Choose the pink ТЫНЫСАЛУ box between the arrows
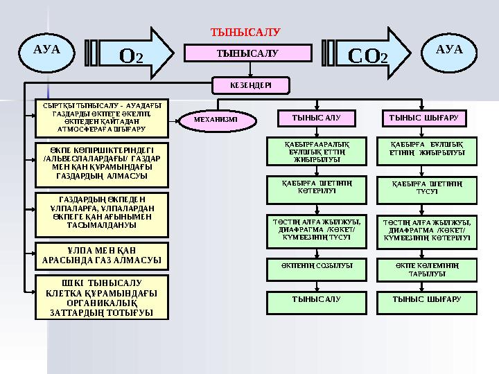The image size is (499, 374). tap(247, 53)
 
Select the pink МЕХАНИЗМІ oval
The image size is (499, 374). tap(216, 119)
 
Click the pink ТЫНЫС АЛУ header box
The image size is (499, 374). tap(317, 118)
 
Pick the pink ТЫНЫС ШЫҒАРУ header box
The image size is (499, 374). tap(425, 118)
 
